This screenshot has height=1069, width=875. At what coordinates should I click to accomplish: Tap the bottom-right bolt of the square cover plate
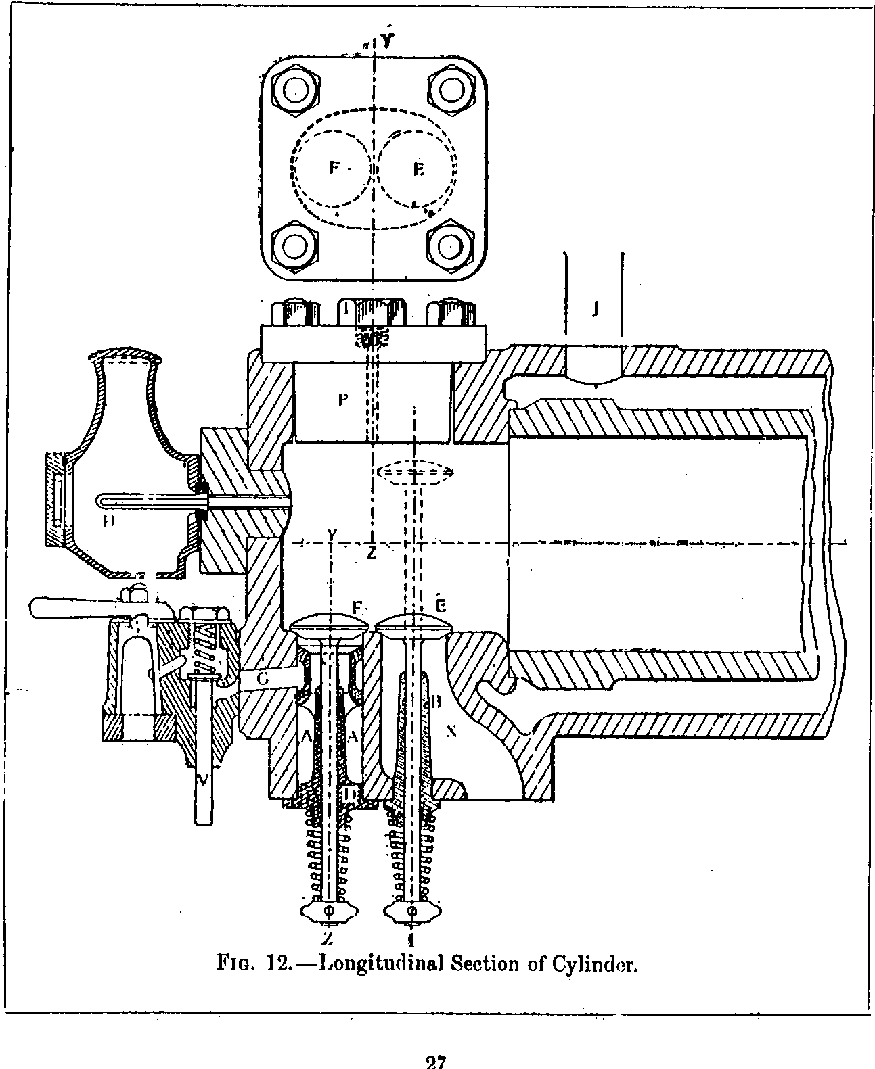click(449, 247)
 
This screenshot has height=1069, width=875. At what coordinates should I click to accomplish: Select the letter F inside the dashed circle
click(334, 168)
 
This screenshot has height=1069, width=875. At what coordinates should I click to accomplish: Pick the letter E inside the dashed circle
click(418, 170)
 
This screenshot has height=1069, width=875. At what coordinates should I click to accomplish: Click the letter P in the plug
click(343, 400)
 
